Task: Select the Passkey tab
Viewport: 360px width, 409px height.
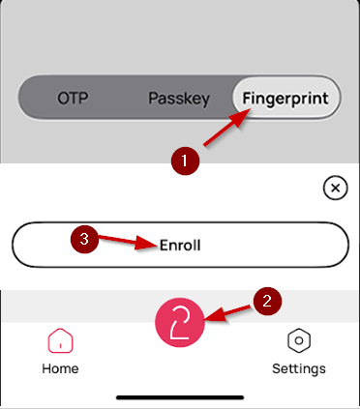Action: pos(179,99)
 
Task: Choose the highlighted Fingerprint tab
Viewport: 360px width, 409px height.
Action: pos(286,99)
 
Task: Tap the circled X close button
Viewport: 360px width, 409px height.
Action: pos(334,189)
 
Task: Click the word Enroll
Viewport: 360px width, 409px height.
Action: pos(179,246)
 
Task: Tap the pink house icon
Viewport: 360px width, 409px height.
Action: pos(60,341)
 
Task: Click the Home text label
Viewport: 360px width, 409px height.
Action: pos(60,368)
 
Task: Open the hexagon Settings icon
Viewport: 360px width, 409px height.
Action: pos(299,341)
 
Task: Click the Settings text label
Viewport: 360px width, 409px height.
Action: pos(299,368)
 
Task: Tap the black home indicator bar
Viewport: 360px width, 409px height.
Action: pos(180,396)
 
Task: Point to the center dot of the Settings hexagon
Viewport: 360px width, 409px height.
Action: pos(299,341)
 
